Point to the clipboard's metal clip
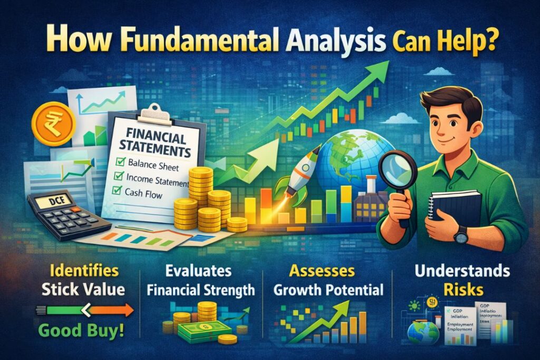coord(155,113)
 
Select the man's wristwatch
coord(461,234)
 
